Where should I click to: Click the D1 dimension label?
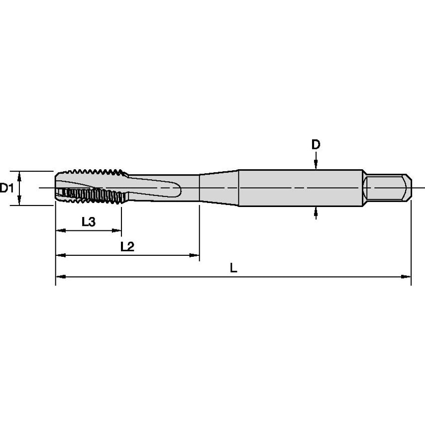6,188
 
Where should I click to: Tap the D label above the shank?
316,144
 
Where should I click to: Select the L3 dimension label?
89,222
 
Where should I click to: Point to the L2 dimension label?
127,246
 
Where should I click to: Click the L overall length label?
233,268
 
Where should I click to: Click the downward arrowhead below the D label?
316,164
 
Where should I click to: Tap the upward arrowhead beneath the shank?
316,212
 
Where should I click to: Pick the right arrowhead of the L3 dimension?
116,230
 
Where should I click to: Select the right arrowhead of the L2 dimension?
195,255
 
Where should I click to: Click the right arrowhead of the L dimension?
406,277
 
